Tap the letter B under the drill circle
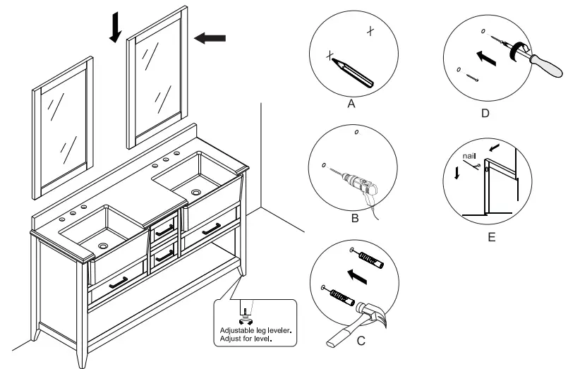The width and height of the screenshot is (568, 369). pos(354,218)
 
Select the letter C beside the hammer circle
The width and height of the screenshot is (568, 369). pos(361,342)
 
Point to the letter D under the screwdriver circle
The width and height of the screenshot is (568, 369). pos(484,112)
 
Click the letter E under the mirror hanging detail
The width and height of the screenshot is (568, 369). pos(491,237)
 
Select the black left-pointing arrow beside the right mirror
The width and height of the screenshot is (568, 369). pos(210,38)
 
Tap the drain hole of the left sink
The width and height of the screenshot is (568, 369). pos(104,246)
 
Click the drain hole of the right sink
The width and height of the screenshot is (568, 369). pos(195,190)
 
